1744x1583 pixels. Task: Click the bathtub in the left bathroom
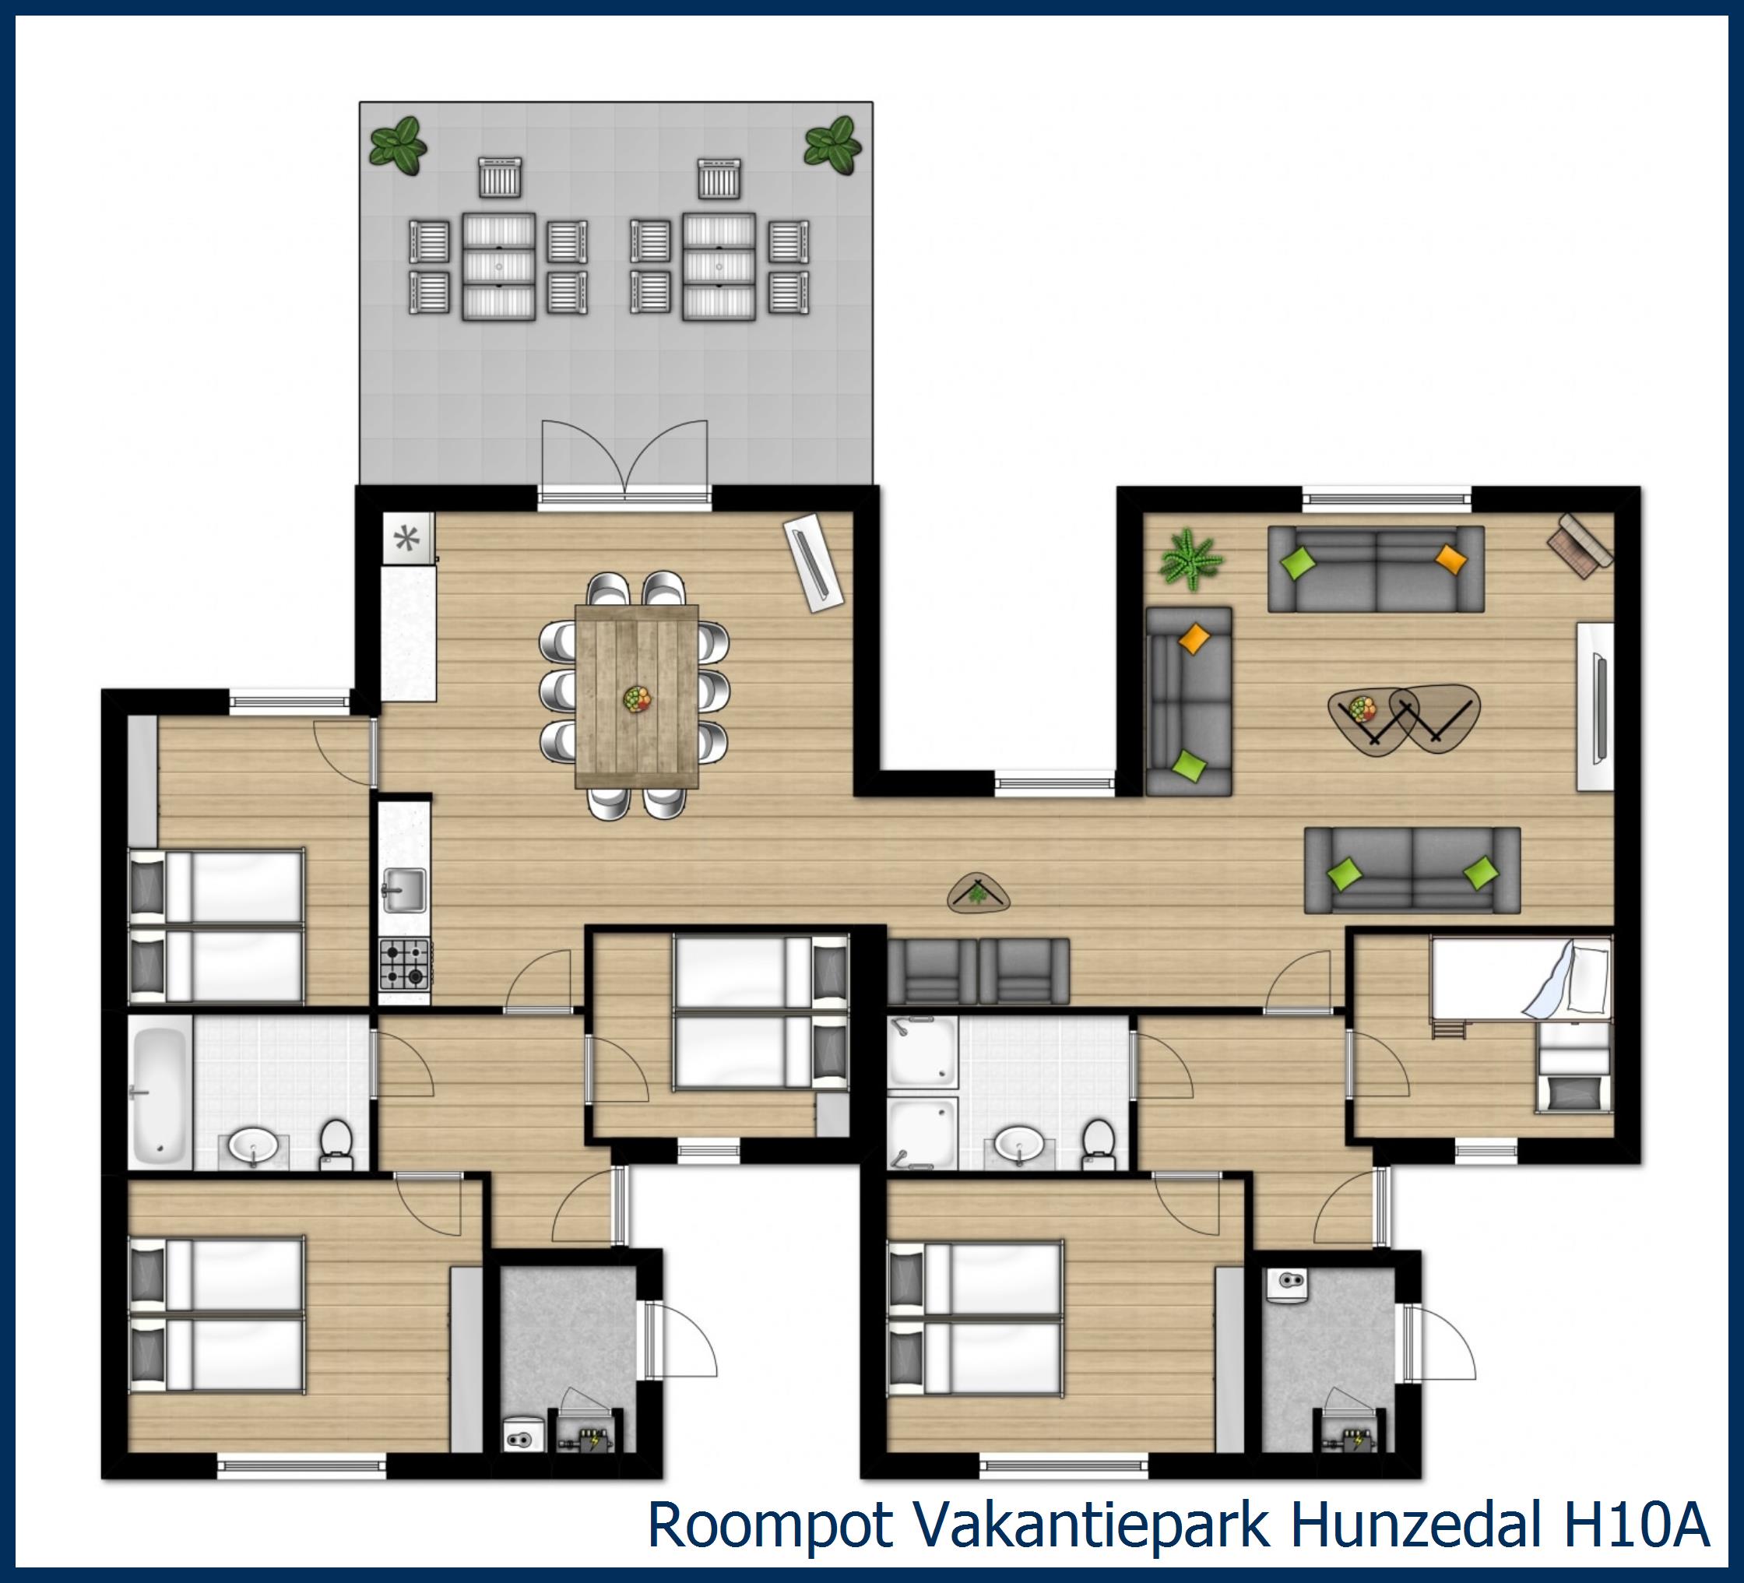coord(160,1089)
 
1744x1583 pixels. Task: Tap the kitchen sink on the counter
coord(403,890)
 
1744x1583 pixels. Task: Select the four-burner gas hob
coord(405,965)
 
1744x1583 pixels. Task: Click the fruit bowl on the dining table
coord(638,698)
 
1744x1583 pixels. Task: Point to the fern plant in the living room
coord(1191,560)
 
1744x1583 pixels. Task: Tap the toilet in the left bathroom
coord(336,1143)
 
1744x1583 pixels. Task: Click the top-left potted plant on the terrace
coord(398,146)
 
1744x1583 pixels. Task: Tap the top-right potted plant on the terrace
coord(832,145)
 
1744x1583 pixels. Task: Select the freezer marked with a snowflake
coord(407,540)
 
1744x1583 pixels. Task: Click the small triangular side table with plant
coord(979,894)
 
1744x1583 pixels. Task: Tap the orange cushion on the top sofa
coord(1450,560)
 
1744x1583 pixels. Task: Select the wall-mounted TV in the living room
coord(1598,707)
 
